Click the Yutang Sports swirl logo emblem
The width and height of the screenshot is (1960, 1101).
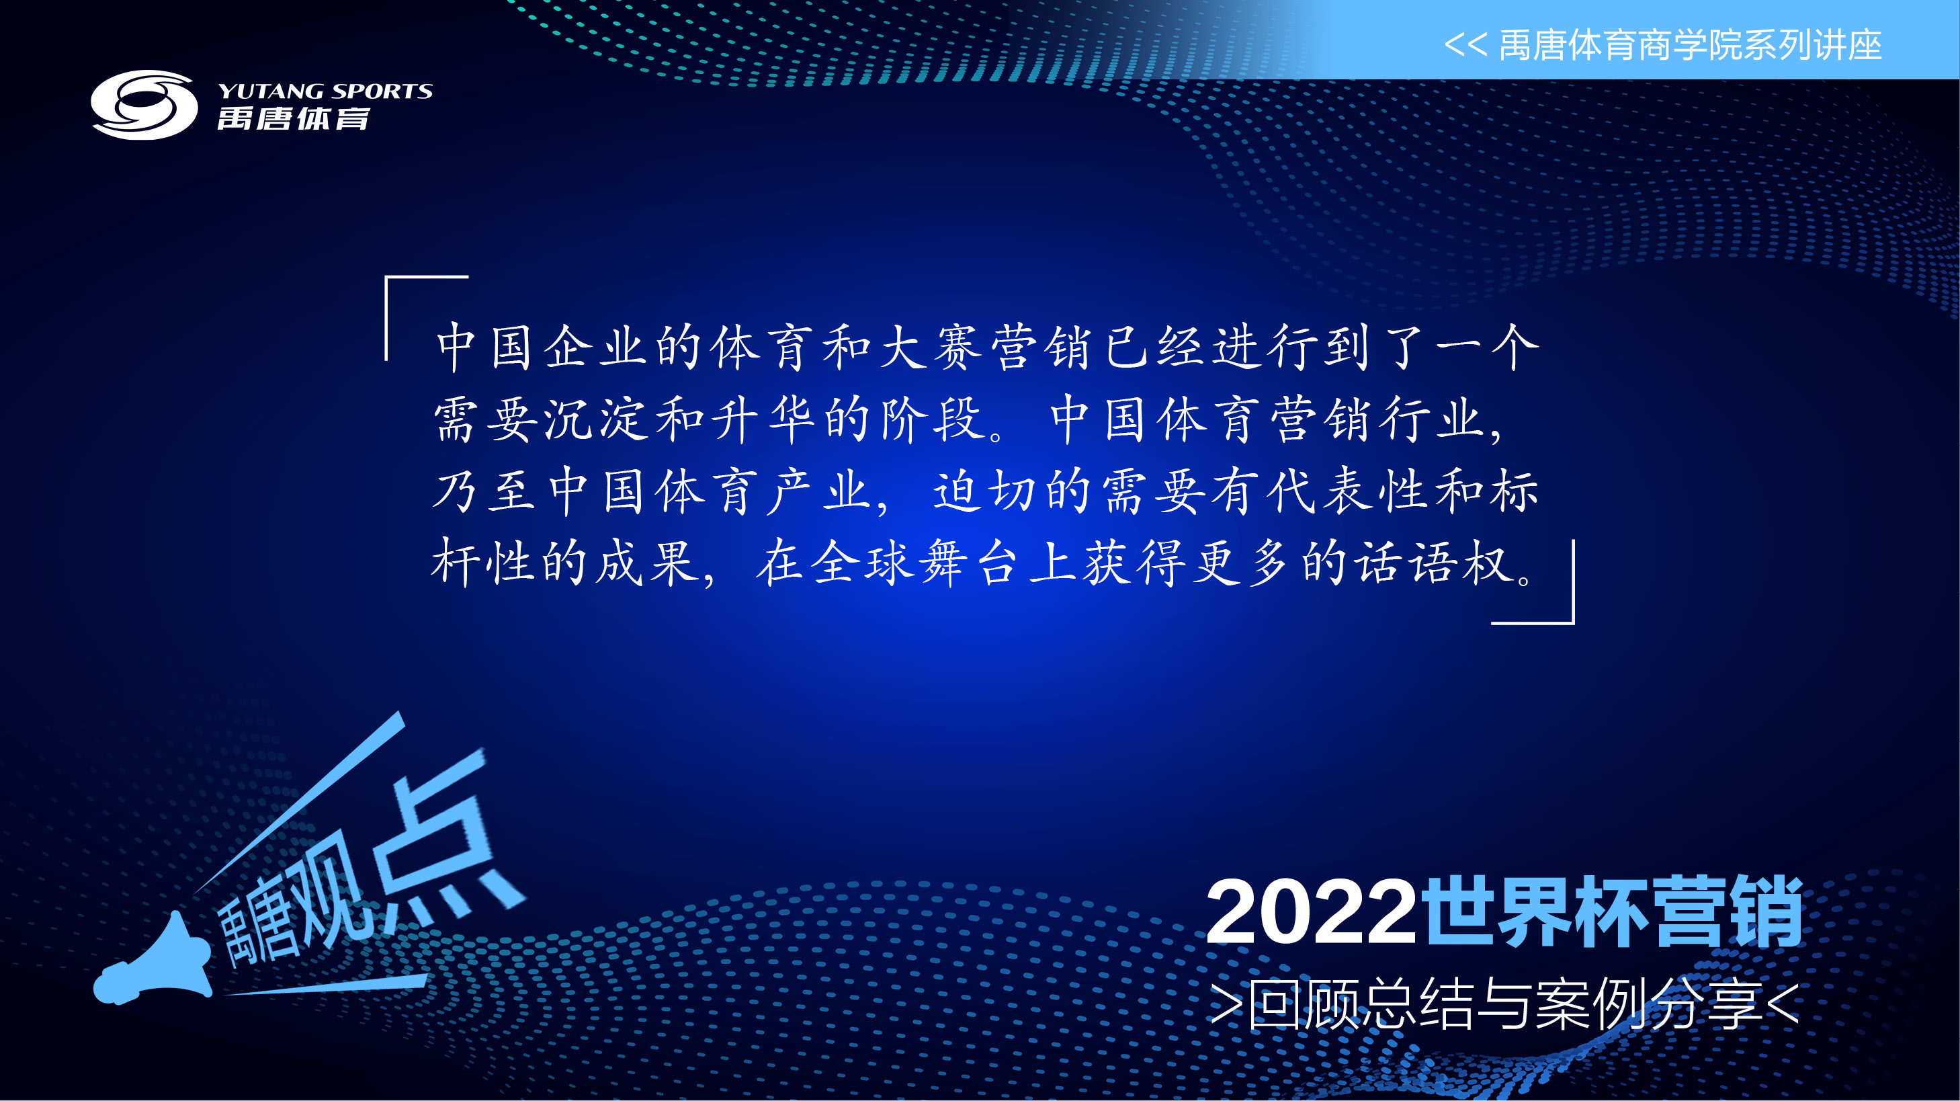point(144,105)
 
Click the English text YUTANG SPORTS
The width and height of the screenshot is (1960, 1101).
point(325,91)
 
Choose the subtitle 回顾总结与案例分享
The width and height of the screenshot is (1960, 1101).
point(1506,1004)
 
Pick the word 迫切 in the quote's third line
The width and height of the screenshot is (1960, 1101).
point(985,491)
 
